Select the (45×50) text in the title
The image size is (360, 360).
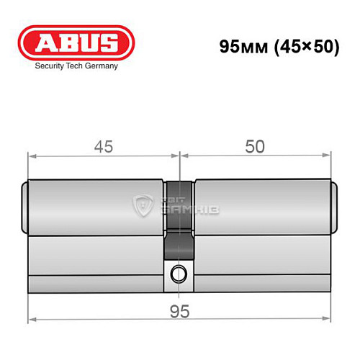[300, 46]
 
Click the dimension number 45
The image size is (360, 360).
[103, 145]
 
